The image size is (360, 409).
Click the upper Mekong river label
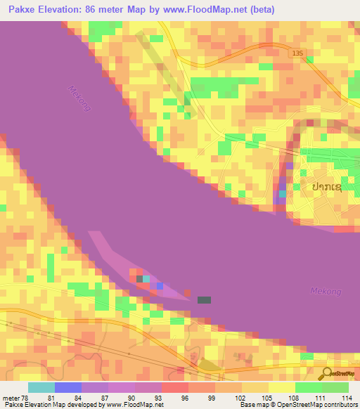80,98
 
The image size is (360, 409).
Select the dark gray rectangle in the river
204,300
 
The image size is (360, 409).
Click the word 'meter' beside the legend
11,397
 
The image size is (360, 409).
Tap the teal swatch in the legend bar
41,387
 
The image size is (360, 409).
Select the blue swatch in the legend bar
68,387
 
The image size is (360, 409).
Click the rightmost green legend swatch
335,387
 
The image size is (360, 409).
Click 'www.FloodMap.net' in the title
206,10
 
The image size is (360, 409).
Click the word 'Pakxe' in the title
21,10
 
